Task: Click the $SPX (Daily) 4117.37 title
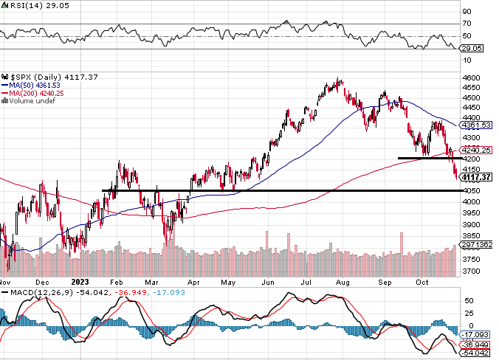[x=41, y=76]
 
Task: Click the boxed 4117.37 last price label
[x=477, y=177]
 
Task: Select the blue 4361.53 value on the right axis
[x=477, y=125]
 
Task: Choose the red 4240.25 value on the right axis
[x=477, y=150]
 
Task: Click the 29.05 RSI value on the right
[x=472, y=48]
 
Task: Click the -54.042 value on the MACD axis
[x=477, y=353]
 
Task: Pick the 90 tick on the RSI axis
[x=467, y=12]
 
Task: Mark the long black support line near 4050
[x=281, y=191]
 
